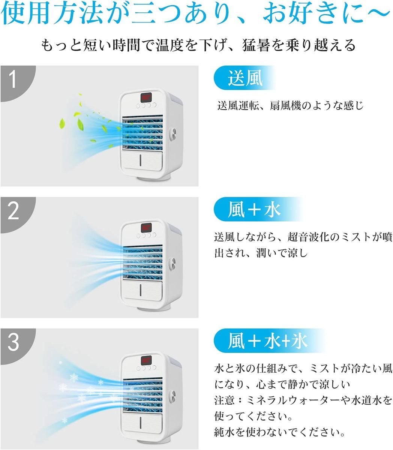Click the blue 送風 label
click(x=244, y=78)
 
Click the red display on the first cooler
click(x=146, y=97)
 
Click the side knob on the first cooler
click(x=172, y=134)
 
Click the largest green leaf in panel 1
click(x=80, y=125)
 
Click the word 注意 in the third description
click(x=224, y=400)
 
